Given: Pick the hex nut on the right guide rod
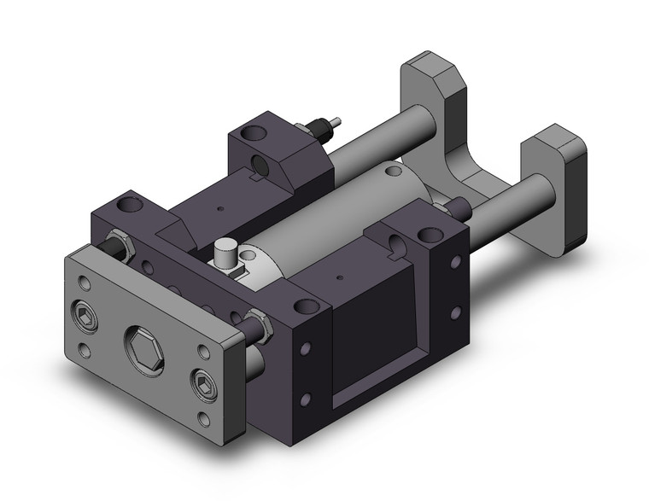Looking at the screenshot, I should (x=255, y=323).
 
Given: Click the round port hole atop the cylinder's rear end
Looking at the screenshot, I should (x=394, y=172).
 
